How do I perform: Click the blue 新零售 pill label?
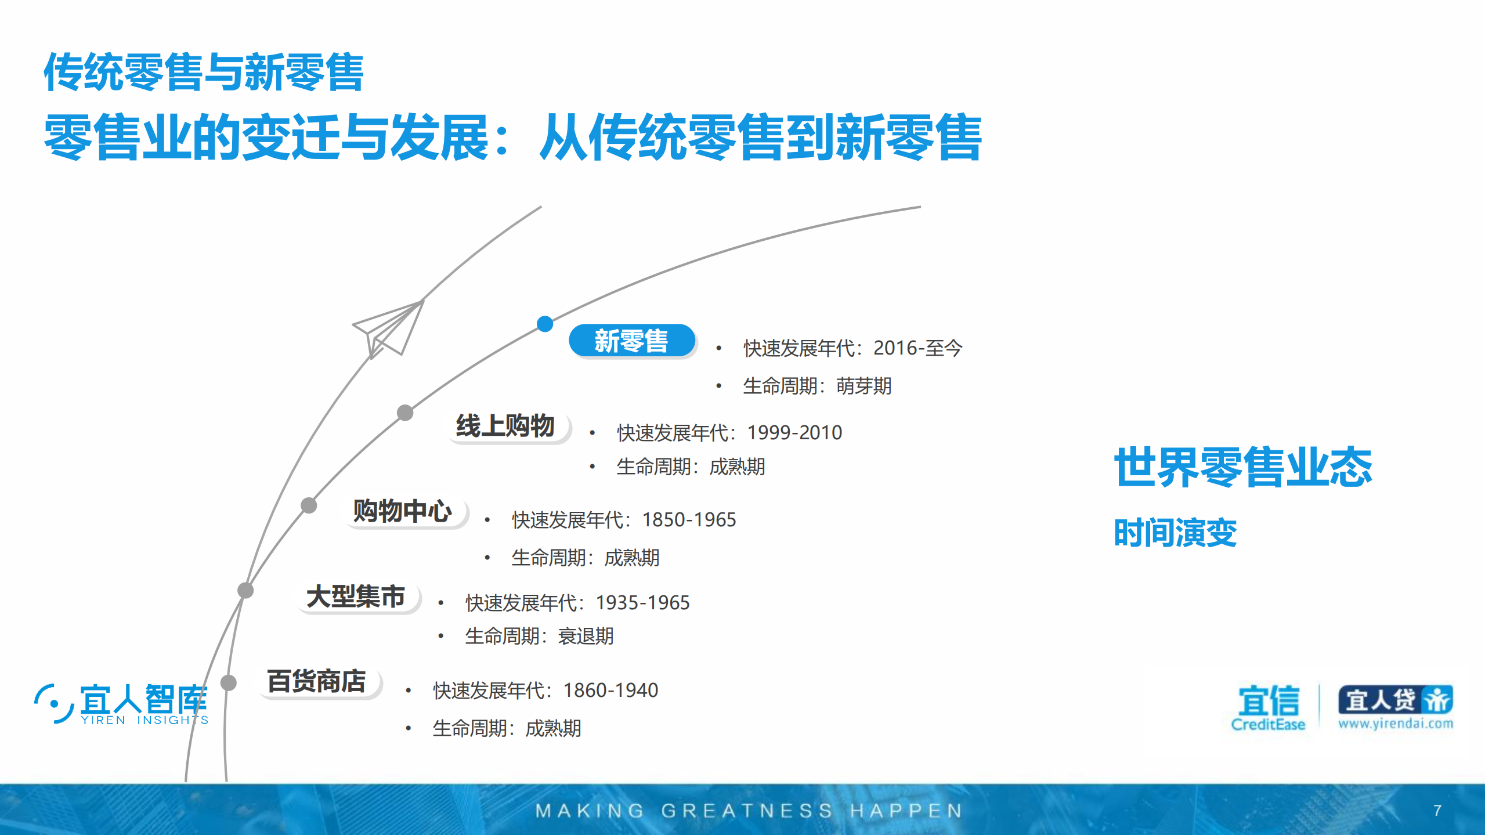(x=631, y=341)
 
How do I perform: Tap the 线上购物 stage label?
(x=505, y=426)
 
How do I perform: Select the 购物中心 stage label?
(x=403, y=511)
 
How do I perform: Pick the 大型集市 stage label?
(x=356, y=597)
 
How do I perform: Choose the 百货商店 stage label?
(x=317, y=681)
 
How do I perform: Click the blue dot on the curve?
(x=545, y=324)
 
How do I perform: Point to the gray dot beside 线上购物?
(x=405, y=413)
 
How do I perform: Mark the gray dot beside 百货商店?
(x=229, y=682)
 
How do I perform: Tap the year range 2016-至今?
(x=917, y=348)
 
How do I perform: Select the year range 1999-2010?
(x=794, y=433)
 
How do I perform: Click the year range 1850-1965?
(x=689, y=520)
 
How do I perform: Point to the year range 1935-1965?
(x=642, y=603)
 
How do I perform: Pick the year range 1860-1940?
(x=610, y=691)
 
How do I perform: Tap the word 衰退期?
(x=586, y=637)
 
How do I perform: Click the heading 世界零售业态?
(x=1242, y=467)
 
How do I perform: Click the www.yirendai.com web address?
(x=1396, y=724)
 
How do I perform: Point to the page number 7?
(x=1437, y=810)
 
